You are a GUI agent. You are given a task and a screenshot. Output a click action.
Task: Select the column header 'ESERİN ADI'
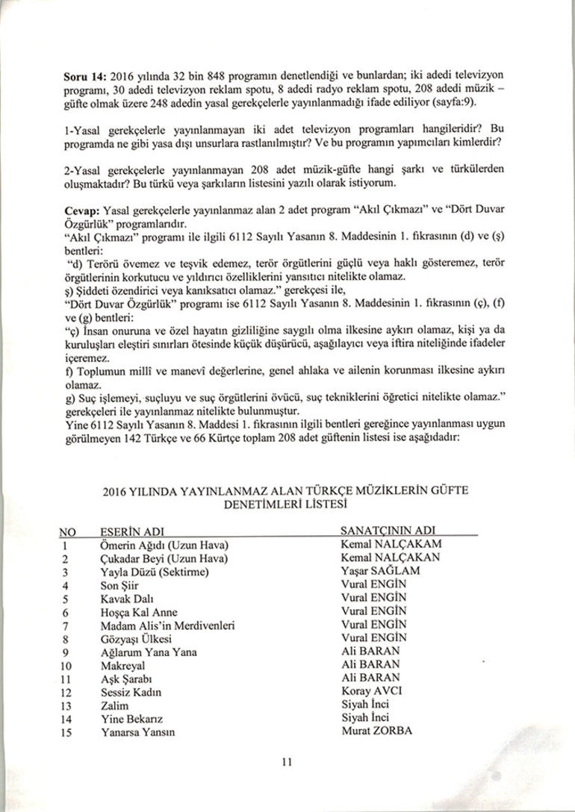click(131, 533)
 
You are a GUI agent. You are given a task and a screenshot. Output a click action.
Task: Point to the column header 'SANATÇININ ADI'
click(388, 531)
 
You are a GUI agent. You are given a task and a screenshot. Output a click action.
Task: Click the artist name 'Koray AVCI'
click(371, 691)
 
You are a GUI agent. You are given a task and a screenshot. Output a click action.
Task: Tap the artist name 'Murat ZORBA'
click(376, 731)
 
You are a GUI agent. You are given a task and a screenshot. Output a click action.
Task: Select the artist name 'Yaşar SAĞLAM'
click(380, 571)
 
